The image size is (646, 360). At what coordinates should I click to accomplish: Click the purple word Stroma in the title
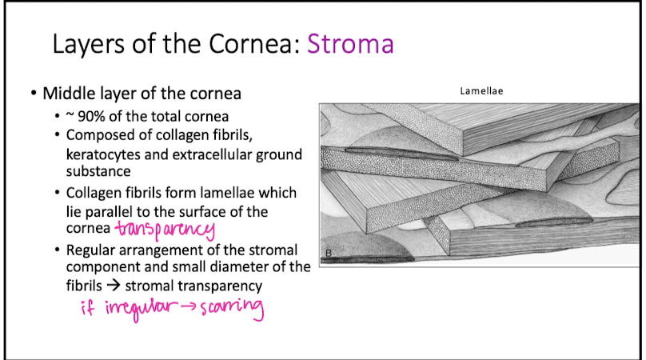tap(351, 43)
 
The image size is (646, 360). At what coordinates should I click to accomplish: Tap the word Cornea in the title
tap(260, 43)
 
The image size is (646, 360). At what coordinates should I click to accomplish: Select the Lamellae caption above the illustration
tap(481, 91)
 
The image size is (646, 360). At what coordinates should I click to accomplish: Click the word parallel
tap(113, 211)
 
